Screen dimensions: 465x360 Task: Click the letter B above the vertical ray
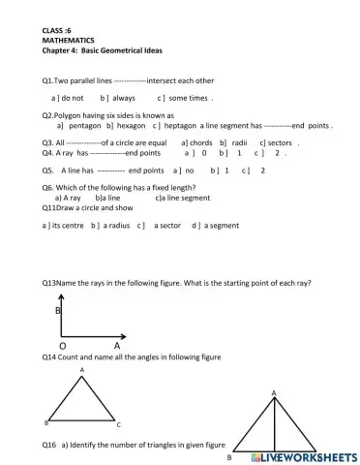pos(57,310)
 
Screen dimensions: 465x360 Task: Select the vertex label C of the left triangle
pos(118,424)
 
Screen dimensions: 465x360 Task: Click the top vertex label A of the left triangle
pos(82,370)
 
